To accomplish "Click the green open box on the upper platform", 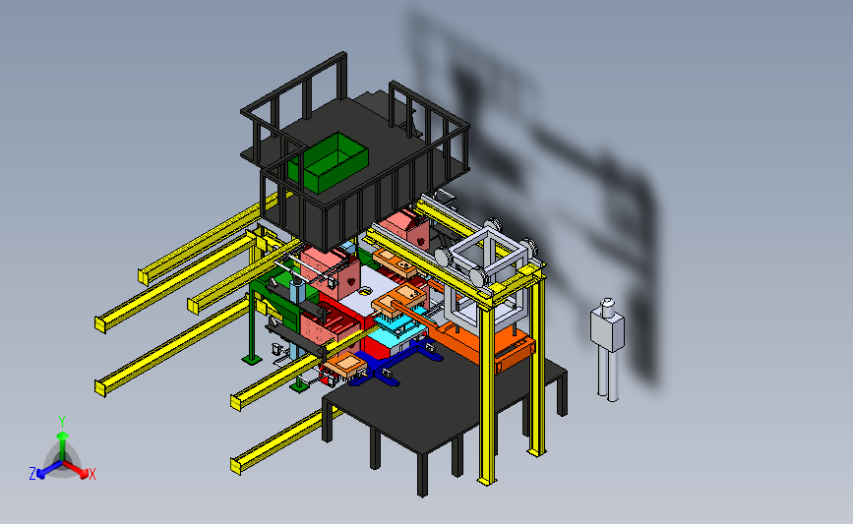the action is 328,162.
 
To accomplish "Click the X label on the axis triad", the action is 91,474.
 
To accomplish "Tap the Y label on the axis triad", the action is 62,422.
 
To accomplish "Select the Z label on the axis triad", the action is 32,474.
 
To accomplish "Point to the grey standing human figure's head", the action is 607,306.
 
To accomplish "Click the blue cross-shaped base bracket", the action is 396,362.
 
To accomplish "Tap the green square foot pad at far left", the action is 251,359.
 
